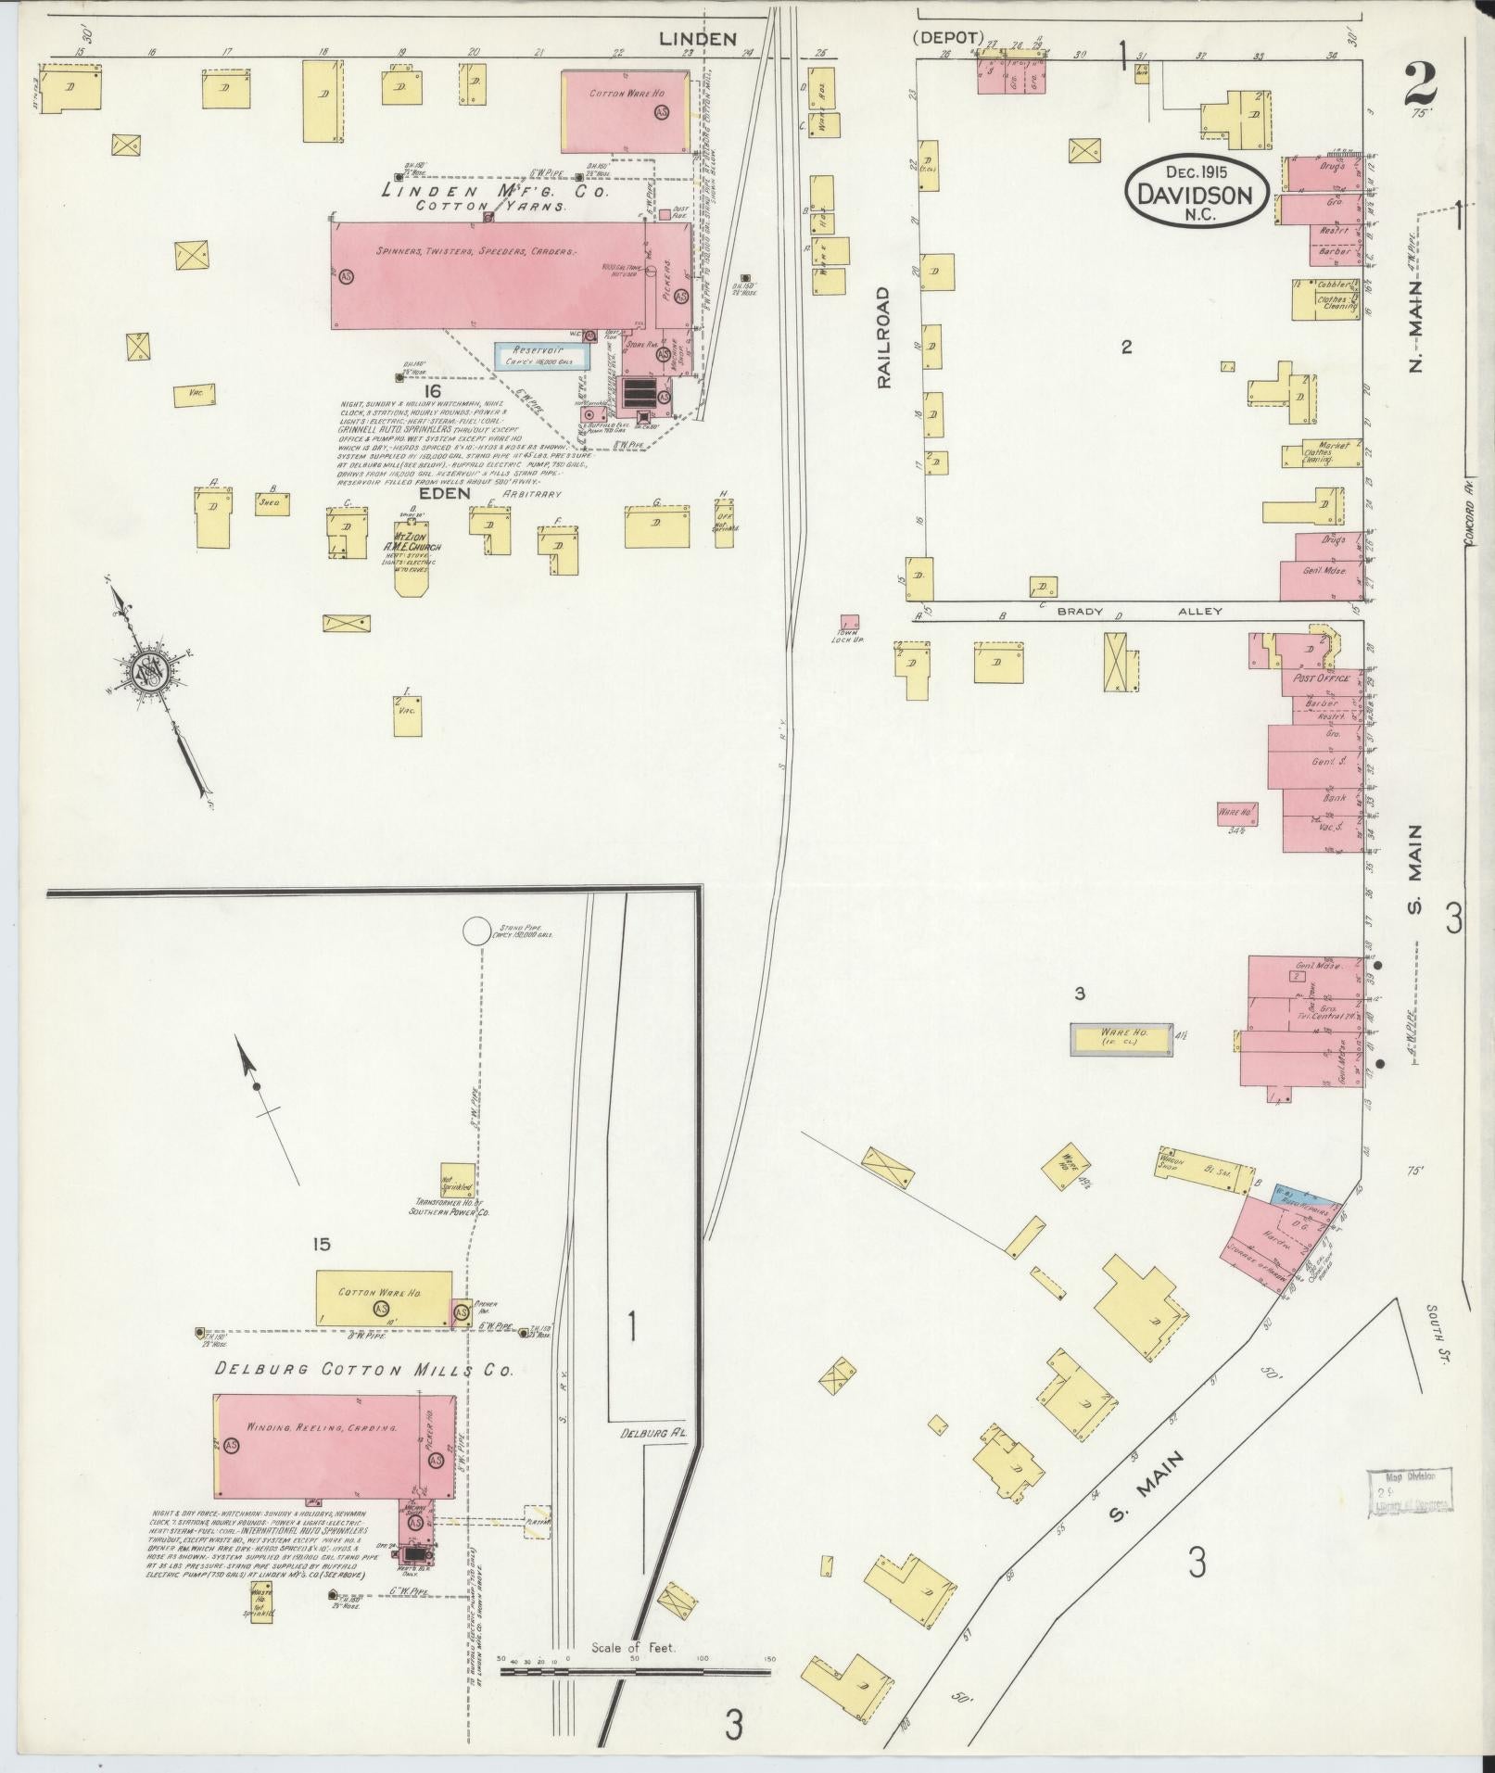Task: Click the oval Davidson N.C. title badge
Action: pyautogui.click(x=1194, y=190)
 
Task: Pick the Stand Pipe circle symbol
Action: pyautogui.click(x=477, y=930)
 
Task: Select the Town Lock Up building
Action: pyautogui.click(x=848, y=622)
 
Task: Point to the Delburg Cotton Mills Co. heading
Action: pyautogui.click(x=362, y=1369)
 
